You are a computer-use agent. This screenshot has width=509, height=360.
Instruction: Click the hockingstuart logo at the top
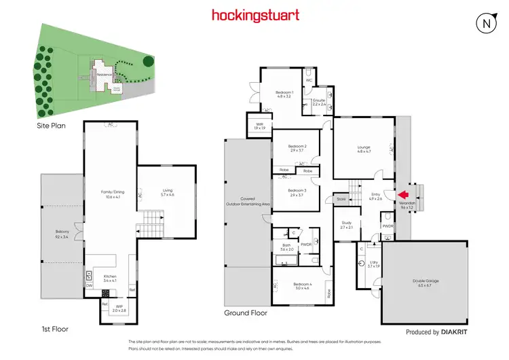coord(254,15)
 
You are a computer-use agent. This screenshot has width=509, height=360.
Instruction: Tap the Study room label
coord(347,225)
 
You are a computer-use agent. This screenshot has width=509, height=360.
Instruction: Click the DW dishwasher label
coord(89,286)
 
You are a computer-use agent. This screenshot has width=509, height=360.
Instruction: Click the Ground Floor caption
coord(246,313)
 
